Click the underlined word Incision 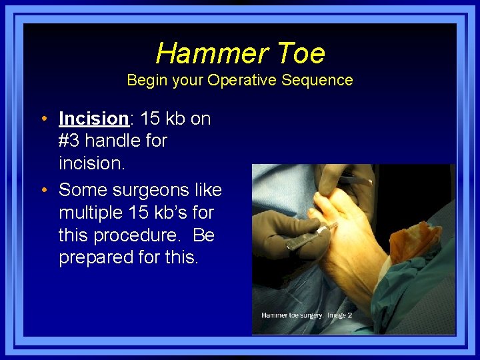93,119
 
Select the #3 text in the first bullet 70,141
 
